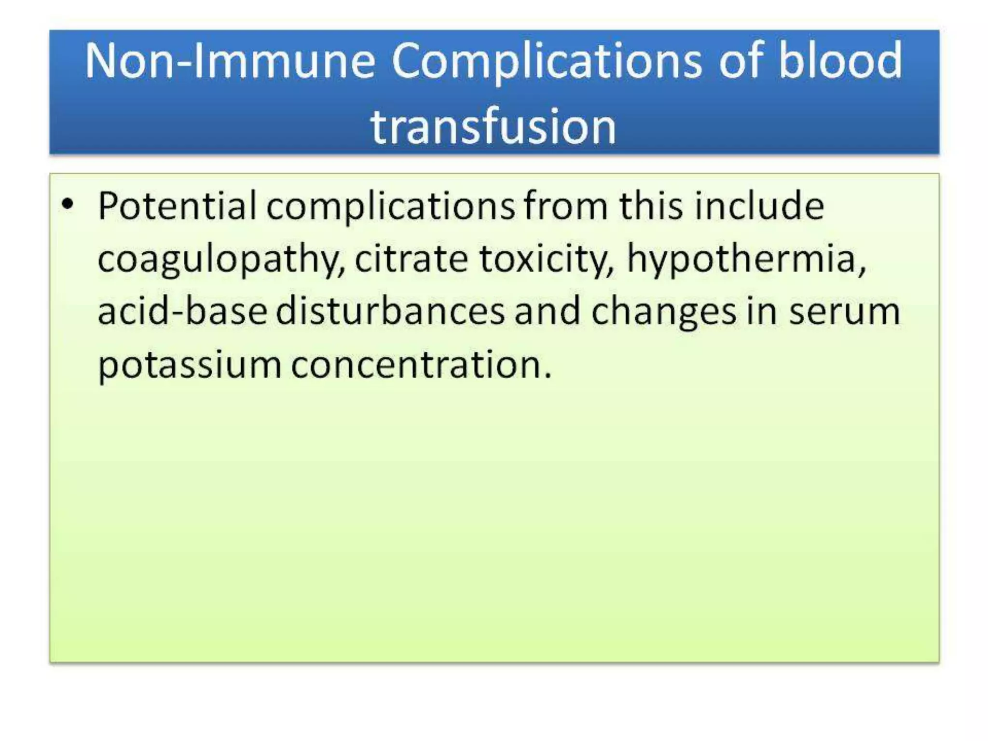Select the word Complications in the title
(546, 62)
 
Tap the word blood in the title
(840, 61)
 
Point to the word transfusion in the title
(493, 126)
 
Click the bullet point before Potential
(68, 205)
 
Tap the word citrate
(411, 259)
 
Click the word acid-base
(182, 311)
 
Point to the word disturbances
(390, 311)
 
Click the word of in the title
(744, 61)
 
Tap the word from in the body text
(565, 206)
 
